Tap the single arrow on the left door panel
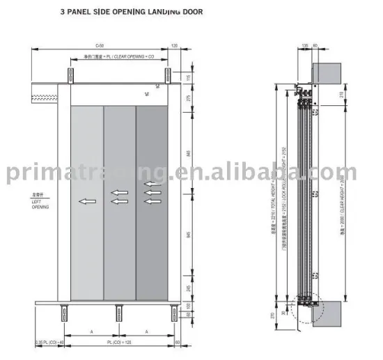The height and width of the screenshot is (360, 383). click(x=88, y=201)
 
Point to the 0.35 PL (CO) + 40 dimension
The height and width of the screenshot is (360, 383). click(x=49, y=343)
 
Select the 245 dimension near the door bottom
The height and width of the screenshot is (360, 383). click(x=188, y=288)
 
